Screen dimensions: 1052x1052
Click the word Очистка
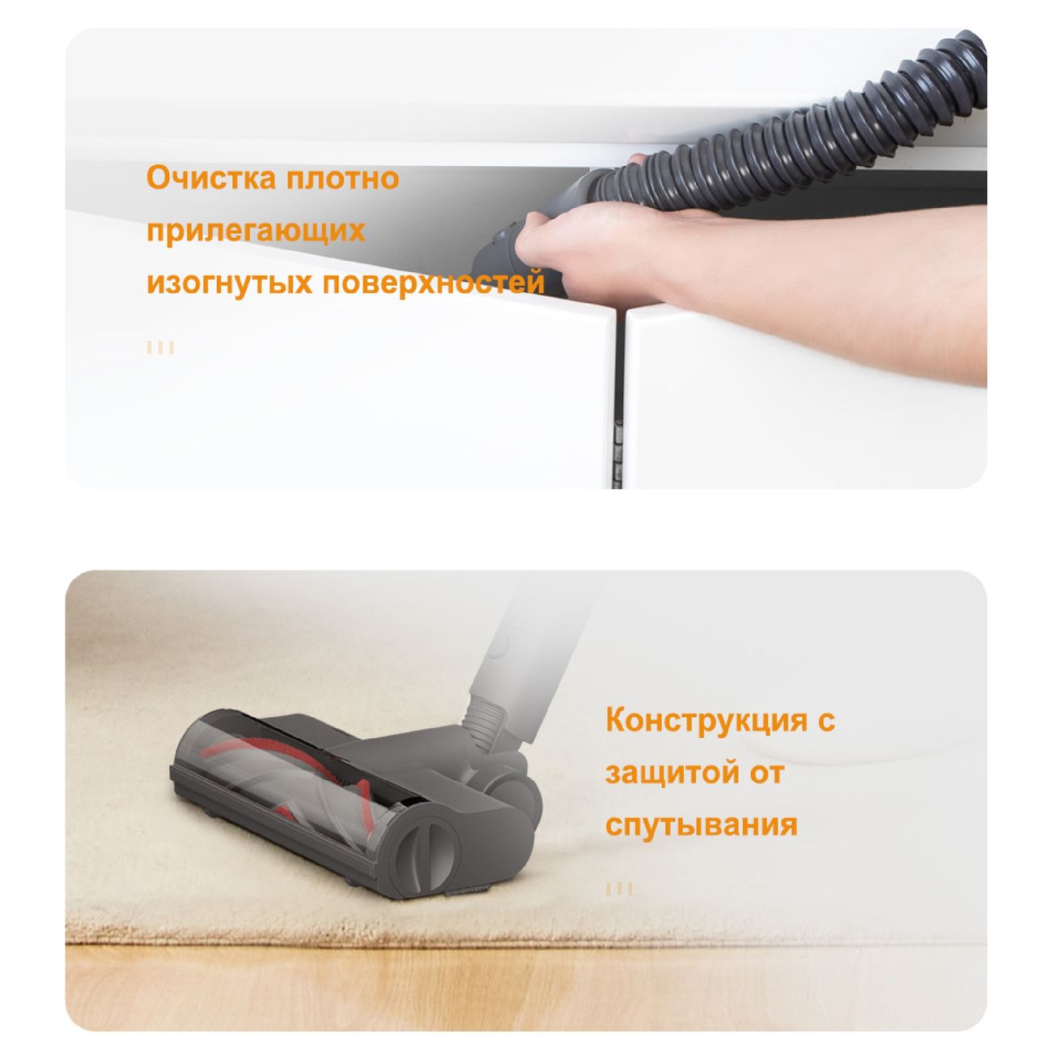pos(210,178)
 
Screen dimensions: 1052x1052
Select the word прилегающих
pos(256,231)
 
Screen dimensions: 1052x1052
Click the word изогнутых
pos(229,283)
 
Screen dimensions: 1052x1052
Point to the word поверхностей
pos(434,283)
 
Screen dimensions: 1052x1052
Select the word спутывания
pos(702,825)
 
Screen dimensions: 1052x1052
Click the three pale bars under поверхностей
pos(160,348)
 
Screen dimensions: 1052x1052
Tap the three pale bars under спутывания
pos(619,889)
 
